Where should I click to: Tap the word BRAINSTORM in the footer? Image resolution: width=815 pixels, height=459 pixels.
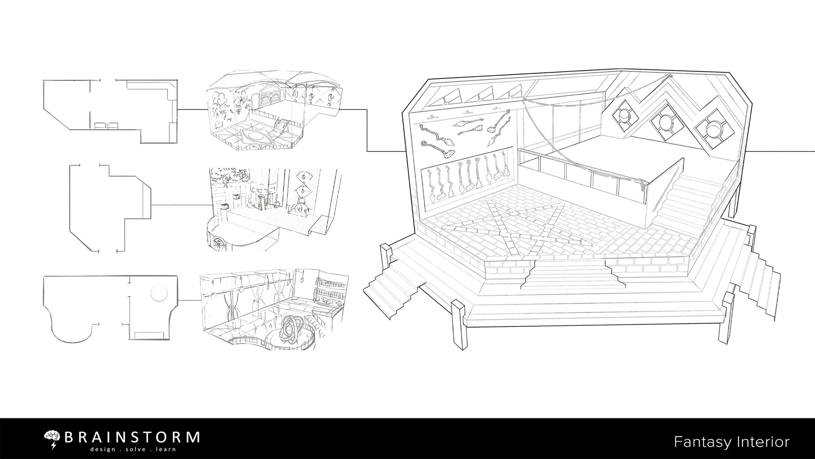[x=132, y=437]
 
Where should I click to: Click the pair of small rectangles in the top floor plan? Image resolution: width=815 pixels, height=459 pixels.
[x=107, y=125]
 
